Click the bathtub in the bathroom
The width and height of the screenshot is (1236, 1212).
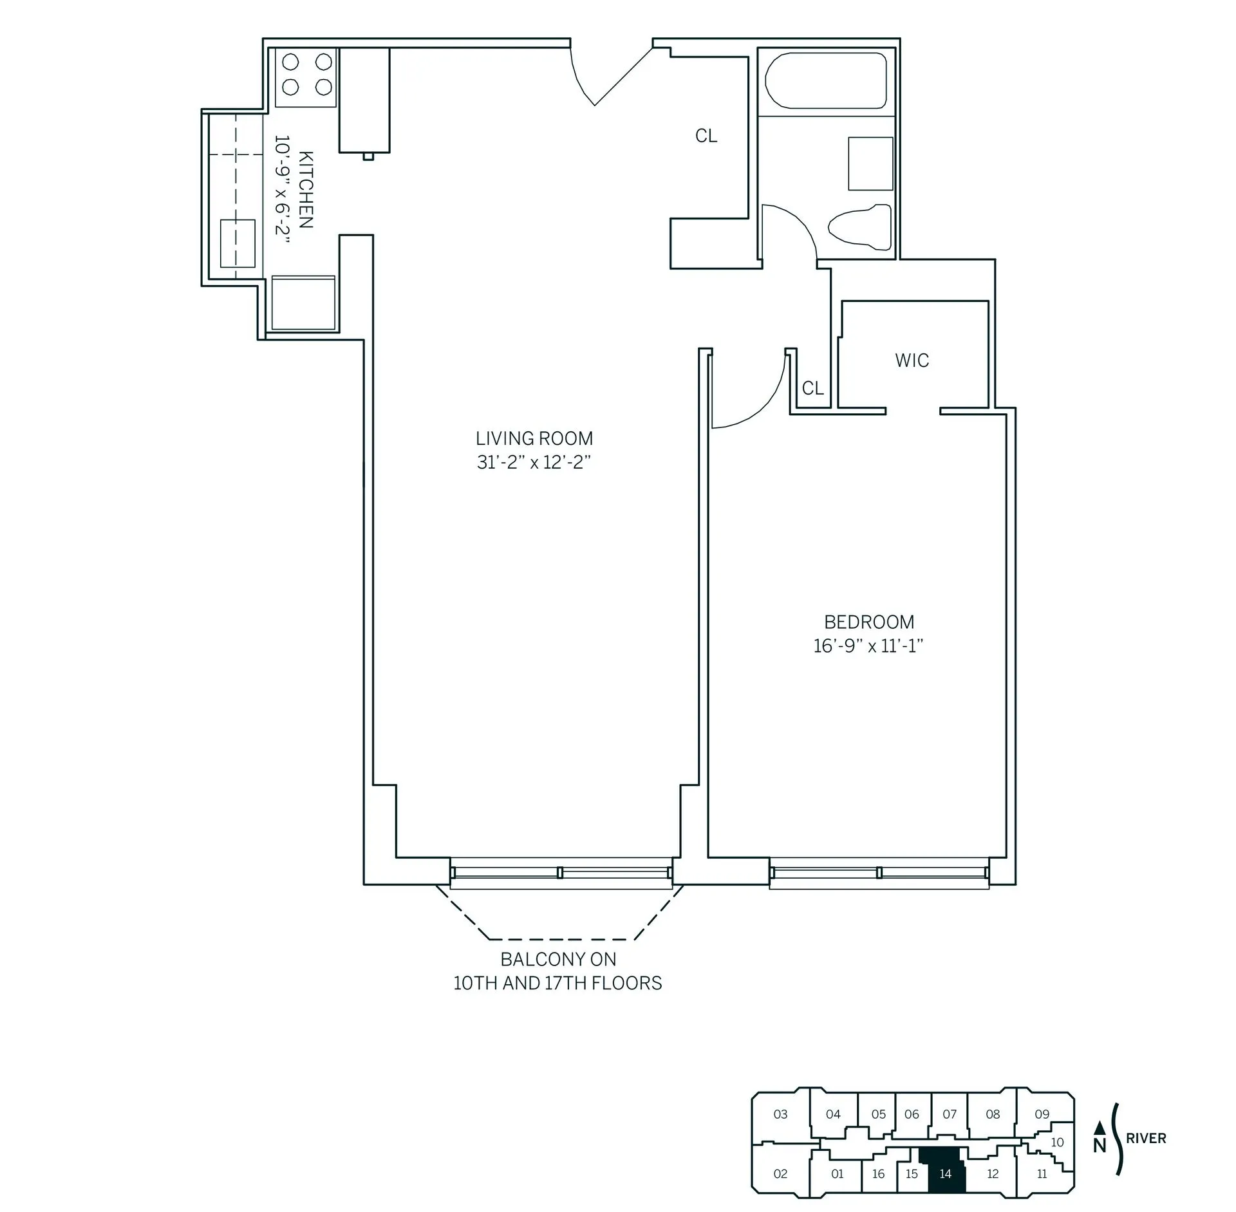[x=825, y=80]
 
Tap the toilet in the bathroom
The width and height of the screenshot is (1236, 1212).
[x=859, y=227]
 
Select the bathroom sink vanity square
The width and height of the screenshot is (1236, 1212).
[x=870, y=163]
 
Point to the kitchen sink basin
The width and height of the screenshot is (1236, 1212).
[x=238, y=243]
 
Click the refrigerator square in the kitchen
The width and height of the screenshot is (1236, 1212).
[x=303, y=303]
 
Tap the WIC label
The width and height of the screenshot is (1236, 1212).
[x=912, y=360]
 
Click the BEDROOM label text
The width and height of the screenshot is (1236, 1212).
[x=869, y=622]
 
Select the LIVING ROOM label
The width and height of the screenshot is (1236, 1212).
[x=534, y=438]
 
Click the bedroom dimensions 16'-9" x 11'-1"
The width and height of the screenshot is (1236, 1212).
[x=868, y=646]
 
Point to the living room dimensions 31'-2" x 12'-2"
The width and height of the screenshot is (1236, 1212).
[x=534, y=462]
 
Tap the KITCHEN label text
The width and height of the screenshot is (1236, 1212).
[x=306, y=189]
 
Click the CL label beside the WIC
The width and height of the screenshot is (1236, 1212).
[x=812, y=388]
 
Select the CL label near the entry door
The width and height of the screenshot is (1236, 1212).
[x=706, y=136]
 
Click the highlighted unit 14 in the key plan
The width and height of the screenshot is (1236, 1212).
[x=944, y=1174]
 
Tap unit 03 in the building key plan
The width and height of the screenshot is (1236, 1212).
[x=780, y=1114]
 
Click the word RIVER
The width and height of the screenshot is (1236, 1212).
[x=1146, y=1138]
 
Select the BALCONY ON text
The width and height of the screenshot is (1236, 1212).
[x=558, y=959]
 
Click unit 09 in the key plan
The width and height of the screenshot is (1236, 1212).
[x=1042, y=1114]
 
